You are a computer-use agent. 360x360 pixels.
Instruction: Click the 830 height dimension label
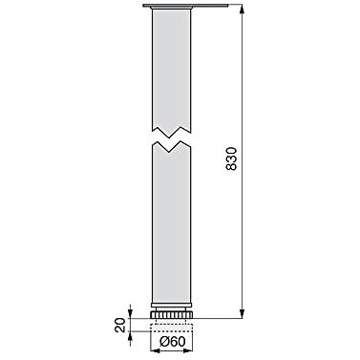(x=231, y=159)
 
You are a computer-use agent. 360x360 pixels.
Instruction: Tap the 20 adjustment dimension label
(x=120, y=325)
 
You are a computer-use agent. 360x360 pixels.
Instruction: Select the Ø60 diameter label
(x=173, y=342)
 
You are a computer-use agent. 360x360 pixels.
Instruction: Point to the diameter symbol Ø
(x=164, y=342)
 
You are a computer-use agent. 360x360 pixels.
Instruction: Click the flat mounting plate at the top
(x=186, y=6)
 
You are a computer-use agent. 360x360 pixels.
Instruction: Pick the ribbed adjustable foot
(x=172, y=314)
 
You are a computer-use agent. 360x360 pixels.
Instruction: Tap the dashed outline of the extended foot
(x=172, y=328)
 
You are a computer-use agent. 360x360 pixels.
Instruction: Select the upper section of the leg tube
(x=172, y=70)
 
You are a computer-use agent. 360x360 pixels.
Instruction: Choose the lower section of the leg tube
(x=172, y=222)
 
